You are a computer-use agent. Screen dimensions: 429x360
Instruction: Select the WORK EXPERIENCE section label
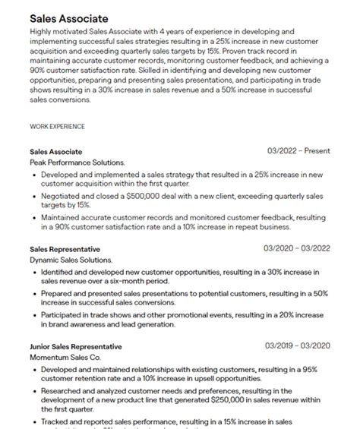click(57, 126)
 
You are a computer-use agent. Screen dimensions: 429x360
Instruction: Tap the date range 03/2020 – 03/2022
click(297, 248)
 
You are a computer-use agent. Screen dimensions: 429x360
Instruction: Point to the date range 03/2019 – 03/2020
click(297, 346)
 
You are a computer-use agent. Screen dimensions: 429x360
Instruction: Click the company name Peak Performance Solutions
click(77, 162)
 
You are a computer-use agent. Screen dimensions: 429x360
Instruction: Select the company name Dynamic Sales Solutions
click(71, 260)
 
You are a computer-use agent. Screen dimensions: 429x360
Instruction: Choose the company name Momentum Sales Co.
click(65, 357)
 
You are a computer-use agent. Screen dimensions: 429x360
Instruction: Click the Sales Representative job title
click(65, 249)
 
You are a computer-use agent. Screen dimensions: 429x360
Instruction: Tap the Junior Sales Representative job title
click(76, 347)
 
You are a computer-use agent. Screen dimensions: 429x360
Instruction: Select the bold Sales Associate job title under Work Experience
click(55, 152)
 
